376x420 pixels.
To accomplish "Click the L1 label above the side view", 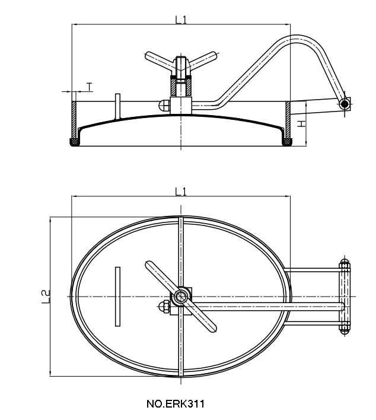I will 181,19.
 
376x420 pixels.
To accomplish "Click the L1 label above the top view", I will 181,191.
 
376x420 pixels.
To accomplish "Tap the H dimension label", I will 301,125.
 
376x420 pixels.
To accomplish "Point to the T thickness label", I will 89,87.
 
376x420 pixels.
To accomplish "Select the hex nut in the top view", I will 164,307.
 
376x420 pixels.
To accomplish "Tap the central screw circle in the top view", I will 181,295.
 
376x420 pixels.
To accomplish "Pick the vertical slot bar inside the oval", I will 117,295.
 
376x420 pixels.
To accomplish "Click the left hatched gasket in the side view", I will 75,142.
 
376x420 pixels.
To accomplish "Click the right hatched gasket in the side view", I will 288,142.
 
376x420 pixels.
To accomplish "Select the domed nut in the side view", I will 163,105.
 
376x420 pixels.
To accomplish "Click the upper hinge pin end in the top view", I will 345,263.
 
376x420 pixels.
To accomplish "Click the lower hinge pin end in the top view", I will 345,328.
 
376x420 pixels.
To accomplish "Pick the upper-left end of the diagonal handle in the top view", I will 149,265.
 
